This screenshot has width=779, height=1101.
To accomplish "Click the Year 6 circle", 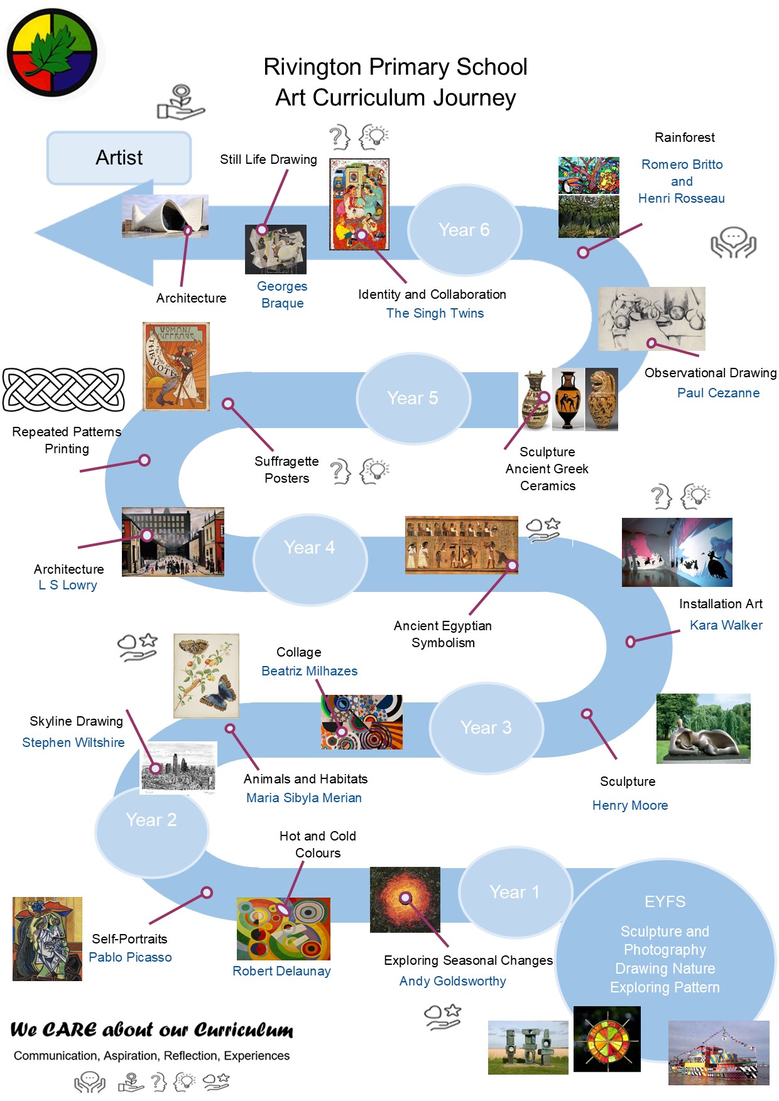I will (x=464, y=230).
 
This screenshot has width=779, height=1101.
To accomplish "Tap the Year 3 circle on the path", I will (x=486, y=728).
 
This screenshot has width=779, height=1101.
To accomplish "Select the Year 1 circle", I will (x=515, y=892).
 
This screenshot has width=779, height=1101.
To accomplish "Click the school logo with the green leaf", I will (x=52, y=52).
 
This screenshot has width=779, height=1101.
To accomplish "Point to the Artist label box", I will (x=119, y=158).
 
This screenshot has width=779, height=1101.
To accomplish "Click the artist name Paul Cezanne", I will (x=718, y=393).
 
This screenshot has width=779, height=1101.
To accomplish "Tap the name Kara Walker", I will (x=726, y=625).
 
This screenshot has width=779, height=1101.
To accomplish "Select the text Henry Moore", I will (x=629, y=805).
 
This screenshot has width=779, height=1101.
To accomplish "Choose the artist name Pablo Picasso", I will (x=130, y=957).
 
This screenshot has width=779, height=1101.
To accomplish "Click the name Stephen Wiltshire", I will (x=74, y=743).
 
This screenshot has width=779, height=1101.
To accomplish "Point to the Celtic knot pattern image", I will (x=63, y=390).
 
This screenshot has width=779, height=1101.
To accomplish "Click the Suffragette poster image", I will (x=176, y=367).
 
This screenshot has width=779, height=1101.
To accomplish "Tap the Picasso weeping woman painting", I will (x=47, y=939).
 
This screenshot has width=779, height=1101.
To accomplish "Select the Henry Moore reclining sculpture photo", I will (x=703, y=729).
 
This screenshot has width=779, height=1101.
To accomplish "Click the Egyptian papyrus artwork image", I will (x=461, y=545).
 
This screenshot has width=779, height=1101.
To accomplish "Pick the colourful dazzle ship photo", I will (x=718, y=1053).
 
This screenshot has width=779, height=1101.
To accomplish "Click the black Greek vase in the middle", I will (x=568, y=399).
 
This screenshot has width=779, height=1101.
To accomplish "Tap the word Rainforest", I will (x=684, y=137).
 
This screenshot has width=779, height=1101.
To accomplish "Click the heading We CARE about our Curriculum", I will (x=151, y=1030).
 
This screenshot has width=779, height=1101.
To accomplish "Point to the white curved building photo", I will (x=165, y=216).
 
